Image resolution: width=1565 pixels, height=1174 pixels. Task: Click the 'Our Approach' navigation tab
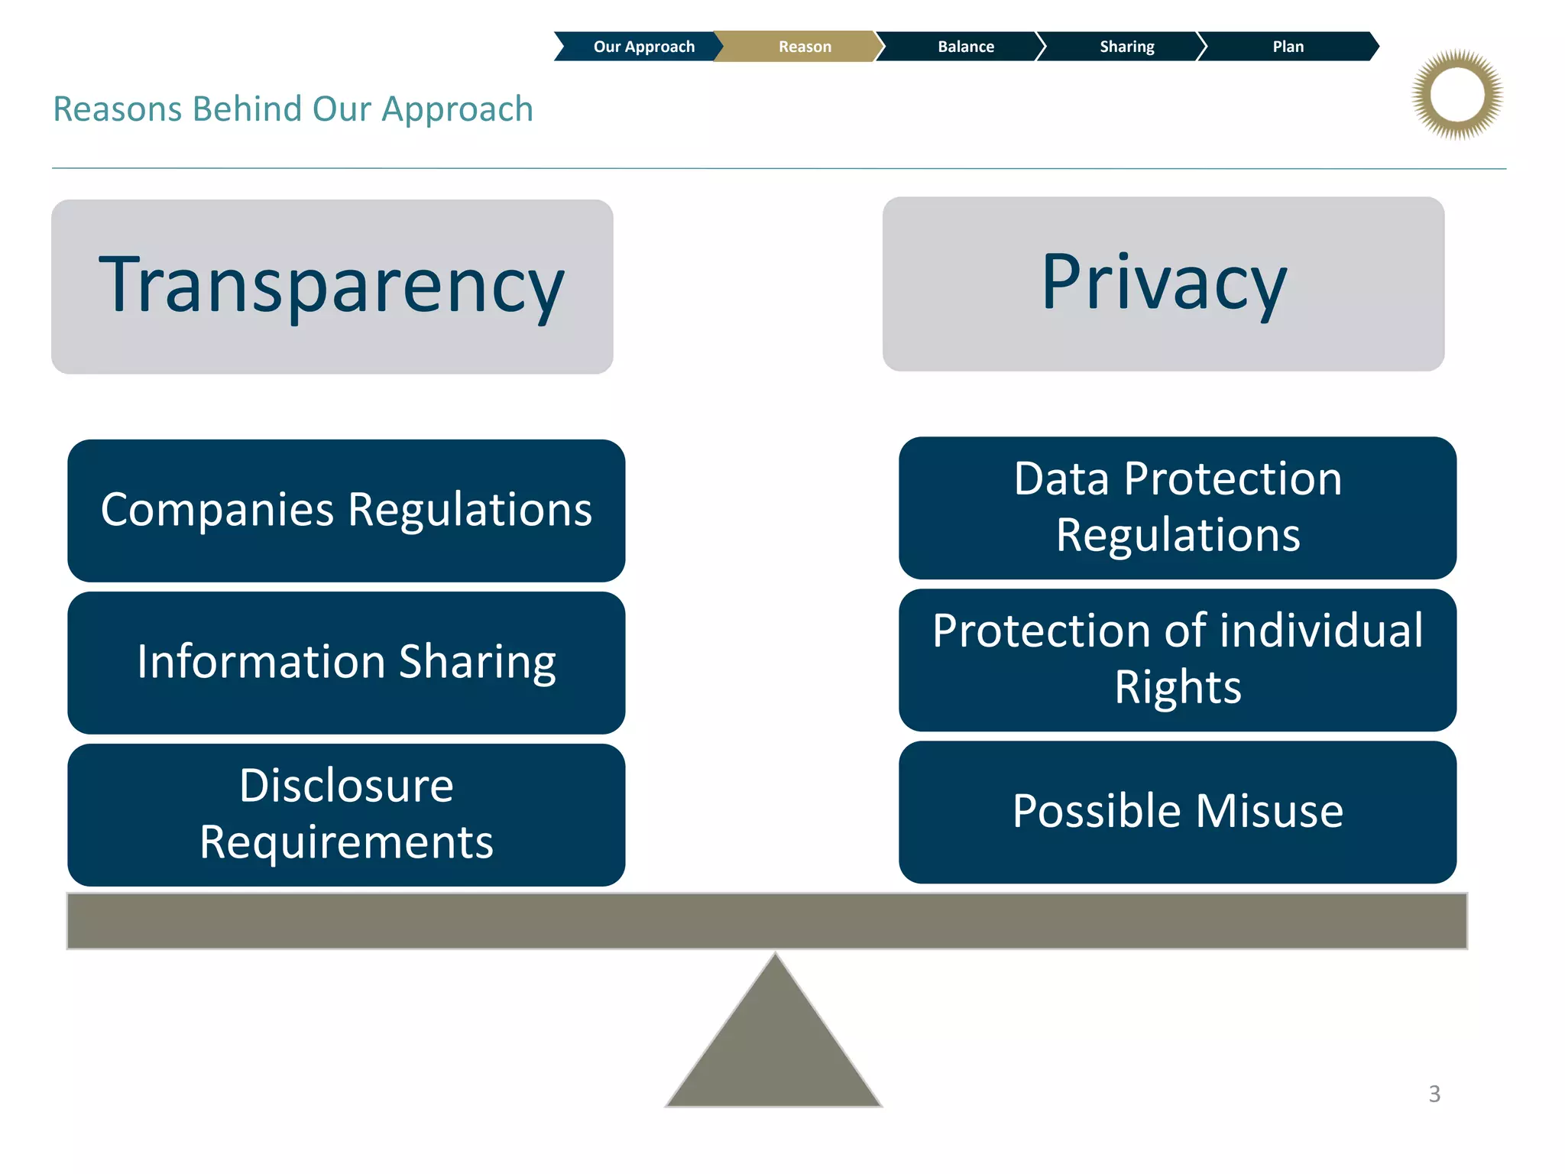(x=643, y=47)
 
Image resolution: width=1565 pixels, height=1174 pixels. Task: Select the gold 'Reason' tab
(x=804, y=47)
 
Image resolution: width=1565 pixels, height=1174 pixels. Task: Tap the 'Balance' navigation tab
(x=965, y=47)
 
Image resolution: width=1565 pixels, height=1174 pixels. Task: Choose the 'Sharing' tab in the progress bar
(x=1126, y=47)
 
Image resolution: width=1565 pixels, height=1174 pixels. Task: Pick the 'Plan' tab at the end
(x=1288, y=47)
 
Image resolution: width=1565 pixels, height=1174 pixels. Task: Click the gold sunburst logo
(x=1457, y=95)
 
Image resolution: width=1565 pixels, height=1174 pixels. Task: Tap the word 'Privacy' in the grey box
(x=1164, y=283)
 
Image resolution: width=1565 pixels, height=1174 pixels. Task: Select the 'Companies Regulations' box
(x=346, y=510)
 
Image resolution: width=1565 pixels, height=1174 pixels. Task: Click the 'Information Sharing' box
(x=346, y=662)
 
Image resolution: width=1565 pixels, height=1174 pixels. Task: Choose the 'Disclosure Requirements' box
(x=346, y=814)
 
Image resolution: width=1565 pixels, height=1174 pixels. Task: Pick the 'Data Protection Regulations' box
(x=1178, y=507)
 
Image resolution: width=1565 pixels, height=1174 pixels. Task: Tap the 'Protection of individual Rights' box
(x=1178, y=659)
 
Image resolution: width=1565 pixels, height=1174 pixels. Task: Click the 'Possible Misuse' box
(x=1178, y=811)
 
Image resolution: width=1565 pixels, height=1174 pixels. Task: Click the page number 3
(x=1434, y=1094)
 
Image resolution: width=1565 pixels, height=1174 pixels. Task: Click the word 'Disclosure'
(x=346, y=786)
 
